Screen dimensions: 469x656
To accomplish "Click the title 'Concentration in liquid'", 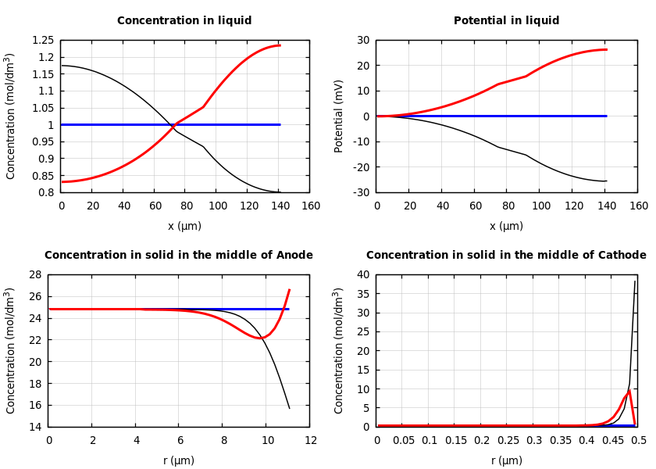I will coord(184,21).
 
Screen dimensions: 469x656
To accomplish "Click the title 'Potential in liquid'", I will coord(506,21).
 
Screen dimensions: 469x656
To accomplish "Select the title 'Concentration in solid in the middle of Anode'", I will coord(178,256).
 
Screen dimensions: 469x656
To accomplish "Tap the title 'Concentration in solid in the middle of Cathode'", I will coord(506,256).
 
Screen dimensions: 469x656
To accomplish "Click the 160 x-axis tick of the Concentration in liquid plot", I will coord(311,206).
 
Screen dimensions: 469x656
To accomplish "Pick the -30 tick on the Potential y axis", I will coord(362,192).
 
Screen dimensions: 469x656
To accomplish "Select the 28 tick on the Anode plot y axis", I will coord(34,275).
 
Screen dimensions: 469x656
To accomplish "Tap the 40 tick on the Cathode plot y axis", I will coord(362,275).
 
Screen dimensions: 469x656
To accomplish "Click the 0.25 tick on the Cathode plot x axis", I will coord(506,441).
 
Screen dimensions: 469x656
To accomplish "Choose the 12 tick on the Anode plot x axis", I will coord(311,441).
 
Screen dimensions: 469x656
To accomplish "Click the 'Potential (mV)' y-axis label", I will coord(339,116).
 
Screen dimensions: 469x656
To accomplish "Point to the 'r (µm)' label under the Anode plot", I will coord(178,460).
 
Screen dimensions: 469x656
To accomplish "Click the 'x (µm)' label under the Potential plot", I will coord(506,226).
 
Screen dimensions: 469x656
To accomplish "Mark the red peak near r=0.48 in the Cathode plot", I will coord(629,390).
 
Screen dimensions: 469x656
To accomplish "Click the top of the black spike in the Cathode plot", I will coord(635,282).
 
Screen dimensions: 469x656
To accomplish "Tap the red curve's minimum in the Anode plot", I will coord(260,338).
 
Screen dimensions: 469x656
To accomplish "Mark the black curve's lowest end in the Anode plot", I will coord(289,408).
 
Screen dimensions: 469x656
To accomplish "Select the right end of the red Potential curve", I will coord(606,49).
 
